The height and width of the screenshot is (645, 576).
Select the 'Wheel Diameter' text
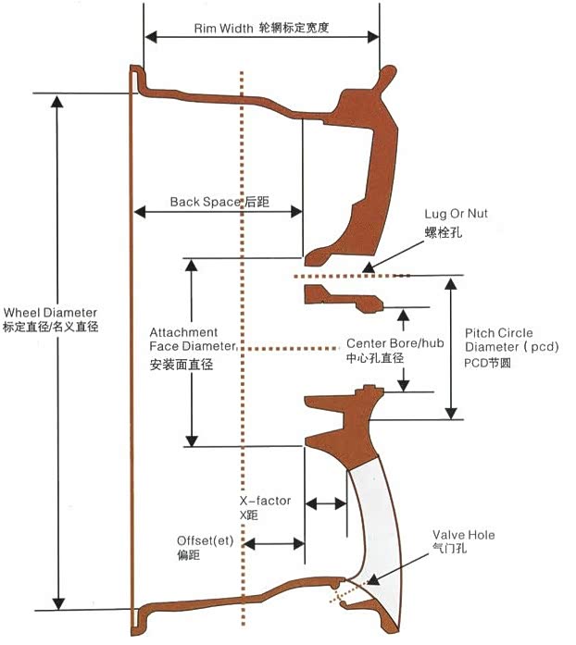click(50, 313)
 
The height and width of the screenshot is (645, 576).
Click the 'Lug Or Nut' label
click(457, 214)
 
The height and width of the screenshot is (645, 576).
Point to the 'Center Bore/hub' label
click(388, 342)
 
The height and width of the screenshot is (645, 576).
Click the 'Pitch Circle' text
click(498, 333)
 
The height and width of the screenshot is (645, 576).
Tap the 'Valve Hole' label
click(464, 535)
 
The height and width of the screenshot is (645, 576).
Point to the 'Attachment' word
click(183, 332)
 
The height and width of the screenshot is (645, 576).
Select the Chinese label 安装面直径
click(182, 365)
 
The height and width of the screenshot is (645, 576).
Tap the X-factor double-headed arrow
click(325, 503)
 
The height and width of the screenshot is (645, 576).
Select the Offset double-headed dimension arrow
click(275, 543)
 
